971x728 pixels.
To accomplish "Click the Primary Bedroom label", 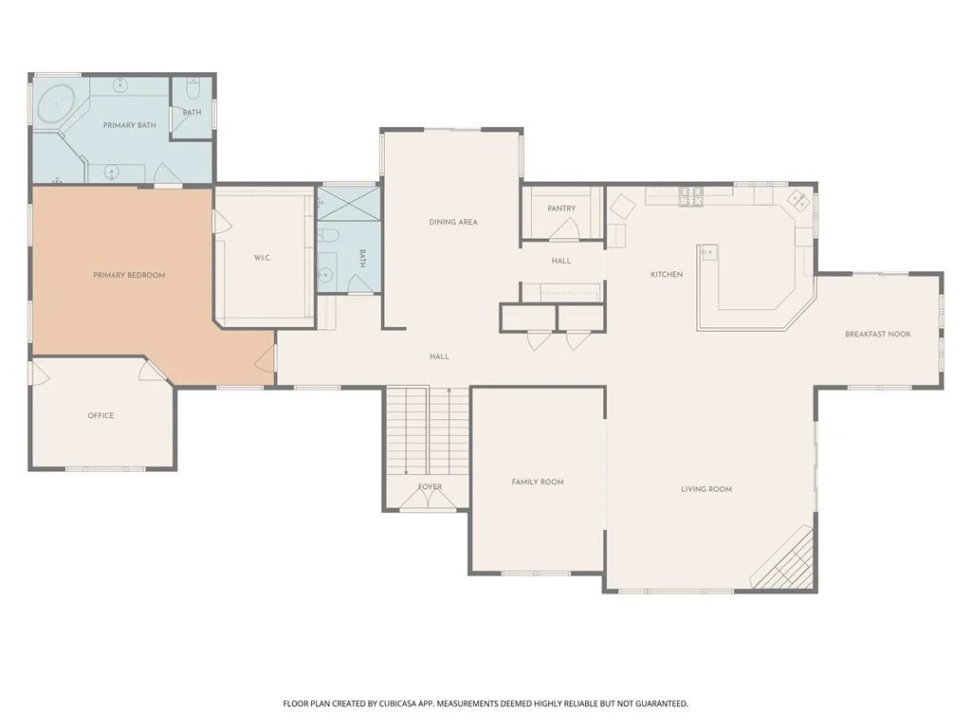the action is (x=129, y=276).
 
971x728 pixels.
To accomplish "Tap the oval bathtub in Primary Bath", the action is (x=56, y=103).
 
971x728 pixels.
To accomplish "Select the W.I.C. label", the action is (x=263, y=258).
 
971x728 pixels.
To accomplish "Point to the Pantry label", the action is (x=561, y=209).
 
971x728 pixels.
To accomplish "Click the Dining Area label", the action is (x=453, y=222).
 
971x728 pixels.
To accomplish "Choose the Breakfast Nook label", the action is (x=878, y=335).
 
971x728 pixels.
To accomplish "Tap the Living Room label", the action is (x=706, y=489).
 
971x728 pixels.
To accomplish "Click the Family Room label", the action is (x=538, y=482).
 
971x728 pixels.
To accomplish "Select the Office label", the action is (x=101, y=416).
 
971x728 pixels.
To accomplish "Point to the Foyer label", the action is (x=431, y=487).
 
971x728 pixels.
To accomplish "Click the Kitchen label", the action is (x=667, y=274).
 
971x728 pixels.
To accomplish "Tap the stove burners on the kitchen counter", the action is (x=691, y=196).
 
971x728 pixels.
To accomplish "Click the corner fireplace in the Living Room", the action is (x=781, y=557).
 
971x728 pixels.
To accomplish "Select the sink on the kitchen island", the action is (x=709, y=252).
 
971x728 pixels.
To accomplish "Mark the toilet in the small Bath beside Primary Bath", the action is (x=192, y=90).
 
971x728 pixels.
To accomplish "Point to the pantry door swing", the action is (x=563, y=229).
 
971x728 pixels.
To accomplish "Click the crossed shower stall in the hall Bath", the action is (x=349, y=204).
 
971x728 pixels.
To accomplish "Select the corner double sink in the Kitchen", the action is (x=797, y=199).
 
